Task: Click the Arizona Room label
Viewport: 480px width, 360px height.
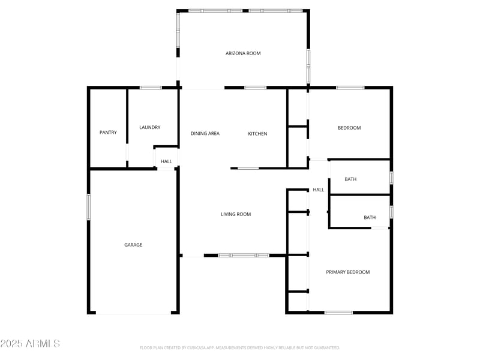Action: pos(243,53)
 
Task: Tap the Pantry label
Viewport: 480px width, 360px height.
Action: pos(108,132)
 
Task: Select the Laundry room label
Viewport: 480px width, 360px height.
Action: pos(149,127)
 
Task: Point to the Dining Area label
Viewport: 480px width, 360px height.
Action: pos(205,133)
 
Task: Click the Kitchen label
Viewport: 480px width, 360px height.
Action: pos(257,133)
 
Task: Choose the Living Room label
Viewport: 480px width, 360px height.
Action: pos(236,214)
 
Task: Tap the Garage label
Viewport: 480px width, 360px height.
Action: pos(133,245)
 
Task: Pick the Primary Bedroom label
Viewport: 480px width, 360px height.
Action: pos(347,272)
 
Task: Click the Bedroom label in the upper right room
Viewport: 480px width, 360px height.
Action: pos(349,128)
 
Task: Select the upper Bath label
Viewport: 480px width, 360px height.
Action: pos(351,179)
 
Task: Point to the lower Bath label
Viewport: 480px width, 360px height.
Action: pos(370,217)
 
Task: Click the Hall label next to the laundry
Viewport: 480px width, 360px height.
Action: pos(166,161)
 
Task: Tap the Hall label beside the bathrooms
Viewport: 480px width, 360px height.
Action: pos(318,190)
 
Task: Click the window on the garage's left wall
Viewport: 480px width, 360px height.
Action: pos(89,207)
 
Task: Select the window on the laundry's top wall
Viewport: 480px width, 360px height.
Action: pos(151,88)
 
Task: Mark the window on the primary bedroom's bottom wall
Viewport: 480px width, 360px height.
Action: pos(338,312)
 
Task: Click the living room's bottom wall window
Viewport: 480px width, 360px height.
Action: pos(243,256)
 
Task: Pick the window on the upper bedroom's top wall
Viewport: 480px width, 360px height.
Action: pos(350,88)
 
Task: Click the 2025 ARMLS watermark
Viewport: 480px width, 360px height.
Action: pos(30,343)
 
